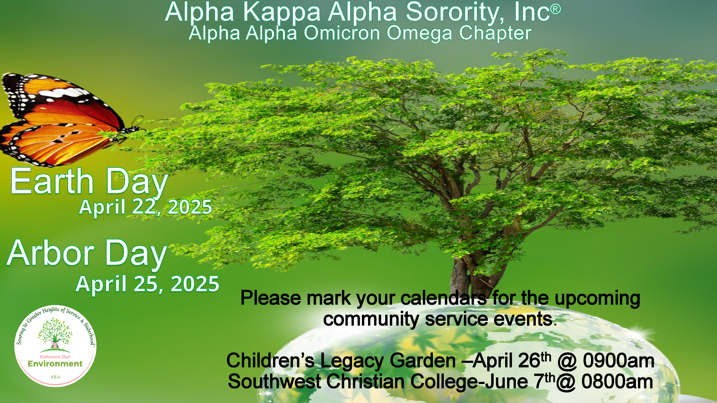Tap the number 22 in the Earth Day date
pyautogui.click(x=143, y=207)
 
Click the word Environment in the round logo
pyautogui.click(x=55, y=364)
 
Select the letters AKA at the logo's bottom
pyautogui.click(x=55, y=377)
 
